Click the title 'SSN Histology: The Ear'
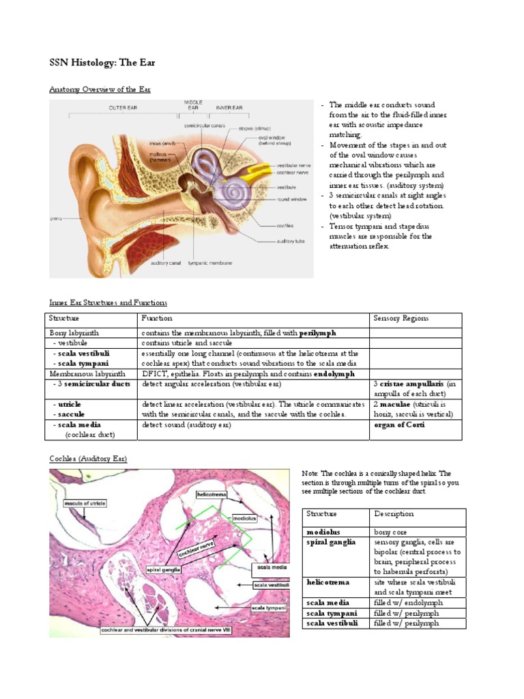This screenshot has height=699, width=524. click(x=103, y=63)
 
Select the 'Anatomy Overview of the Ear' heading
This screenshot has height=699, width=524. click(x=100, y=89)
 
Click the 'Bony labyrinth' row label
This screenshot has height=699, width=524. click(x=74, y=332)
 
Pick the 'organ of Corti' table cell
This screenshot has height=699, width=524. click(x=400, y=425)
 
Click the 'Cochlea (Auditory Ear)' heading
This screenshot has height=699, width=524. click(x=88, y=459)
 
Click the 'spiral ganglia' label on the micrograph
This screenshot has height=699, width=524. click(x=162, y=568)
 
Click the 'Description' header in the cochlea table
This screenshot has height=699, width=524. click(x=394, y=513)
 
